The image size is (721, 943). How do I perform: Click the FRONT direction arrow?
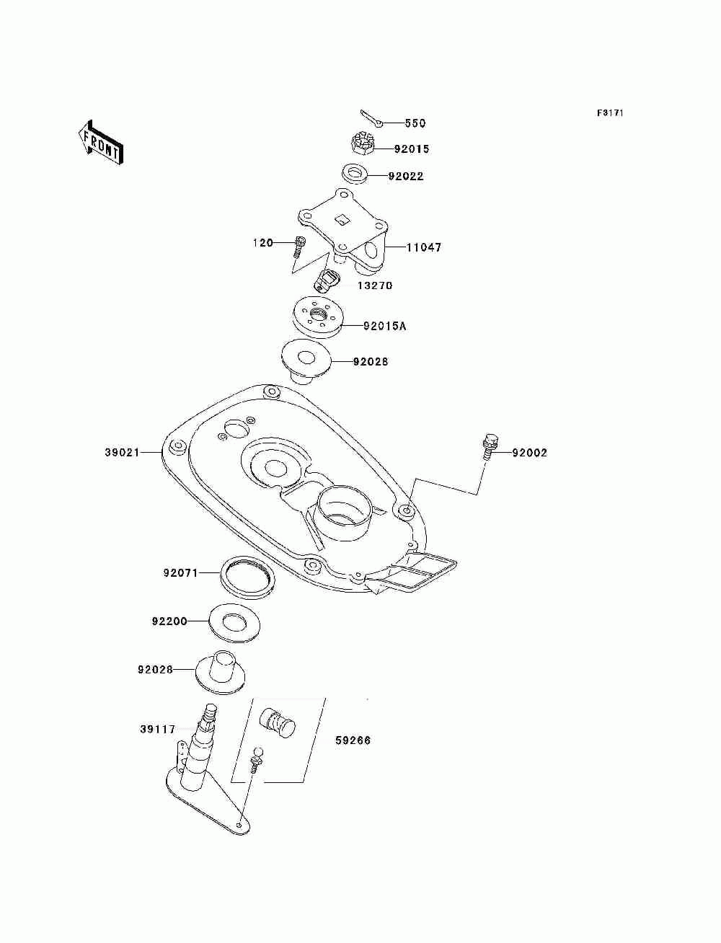[101, 142]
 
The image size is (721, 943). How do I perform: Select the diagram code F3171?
[610, 113]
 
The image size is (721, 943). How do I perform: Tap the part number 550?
[415, 123]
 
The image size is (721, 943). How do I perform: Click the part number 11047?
[424, 247]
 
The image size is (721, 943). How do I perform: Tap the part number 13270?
[375, 285]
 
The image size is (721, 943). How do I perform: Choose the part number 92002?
[529, 453]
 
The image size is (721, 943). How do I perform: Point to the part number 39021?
[122, 452]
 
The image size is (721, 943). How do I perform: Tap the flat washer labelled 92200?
[234, 623]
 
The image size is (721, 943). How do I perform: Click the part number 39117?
[157, 730]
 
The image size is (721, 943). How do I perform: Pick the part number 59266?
[353, 740]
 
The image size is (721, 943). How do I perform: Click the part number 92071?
[180, 573]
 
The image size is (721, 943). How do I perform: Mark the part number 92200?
[169, 621]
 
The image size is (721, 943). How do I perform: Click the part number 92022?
[406, 176]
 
